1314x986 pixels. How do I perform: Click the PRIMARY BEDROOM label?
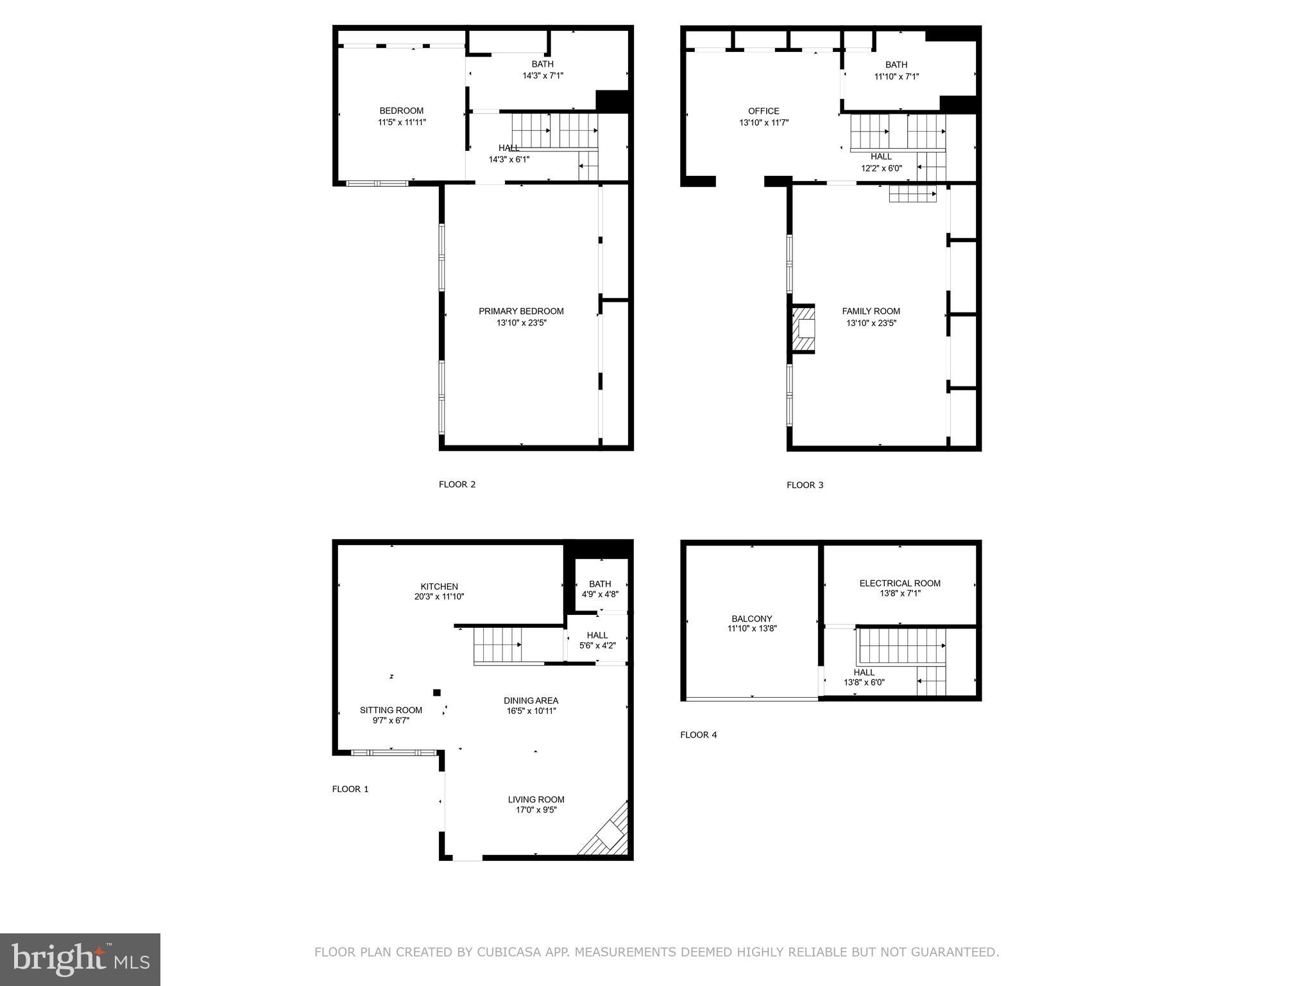(x=521, y=311)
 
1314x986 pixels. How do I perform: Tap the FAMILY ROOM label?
(x=871, y=311)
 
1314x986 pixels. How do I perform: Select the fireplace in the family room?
(x=803, y=329)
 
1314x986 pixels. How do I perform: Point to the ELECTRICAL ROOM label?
(x=900, y=583)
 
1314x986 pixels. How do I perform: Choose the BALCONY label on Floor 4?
(x=751, y=619)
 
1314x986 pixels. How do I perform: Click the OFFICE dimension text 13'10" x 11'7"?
(x=764, y=123)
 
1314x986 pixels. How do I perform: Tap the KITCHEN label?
(x=439, y=586)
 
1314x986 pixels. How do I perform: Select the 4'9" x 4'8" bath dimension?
(x=600, y=594)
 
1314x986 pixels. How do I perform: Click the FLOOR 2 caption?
(x=457, y=484)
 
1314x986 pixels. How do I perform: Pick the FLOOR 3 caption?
(x=805, y=485)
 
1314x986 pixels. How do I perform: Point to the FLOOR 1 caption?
(x=350, y=789)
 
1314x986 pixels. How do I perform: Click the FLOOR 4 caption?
(x=698, y=734)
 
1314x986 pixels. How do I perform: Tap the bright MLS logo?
(x=80, y=959)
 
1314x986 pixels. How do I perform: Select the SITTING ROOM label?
(x=391, y=710)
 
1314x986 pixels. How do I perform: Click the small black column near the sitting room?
(x=437, y=692)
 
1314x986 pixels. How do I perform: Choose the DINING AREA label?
(x=531, y=700)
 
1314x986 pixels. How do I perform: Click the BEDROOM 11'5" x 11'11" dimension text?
(x=402, y=122)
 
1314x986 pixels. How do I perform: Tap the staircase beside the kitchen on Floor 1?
(x=497, y=645)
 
